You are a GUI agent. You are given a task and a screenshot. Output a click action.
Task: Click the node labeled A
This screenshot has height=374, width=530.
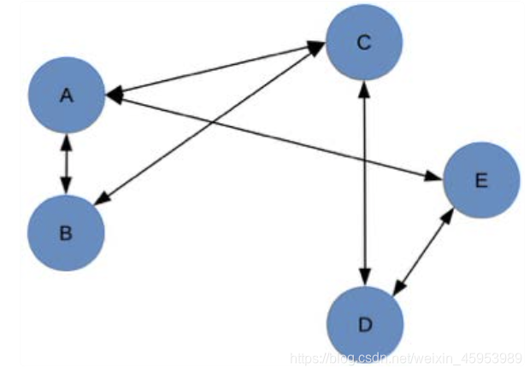(67, 96)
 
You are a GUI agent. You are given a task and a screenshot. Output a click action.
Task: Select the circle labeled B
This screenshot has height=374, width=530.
(67, 231)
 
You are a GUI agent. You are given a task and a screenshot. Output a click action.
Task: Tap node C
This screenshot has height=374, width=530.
(363, 43)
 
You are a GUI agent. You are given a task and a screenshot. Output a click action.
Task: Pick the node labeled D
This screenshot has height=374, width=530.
(365, 324)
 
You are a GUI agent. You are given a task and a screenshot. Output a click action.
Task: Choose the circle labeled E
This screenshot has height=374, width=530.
(480, 180)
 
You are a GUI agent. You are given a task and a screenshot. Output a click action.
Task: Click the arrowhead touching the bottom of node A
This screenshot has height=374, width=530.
(67, 141)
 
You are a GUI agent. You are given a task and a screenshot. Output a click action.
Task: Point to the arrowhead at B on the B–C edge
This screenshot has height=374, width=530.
(100, 201)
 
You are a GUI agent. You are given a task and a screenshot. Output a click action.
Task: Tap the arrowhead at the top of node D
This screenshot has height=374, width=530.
(365, 278)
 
